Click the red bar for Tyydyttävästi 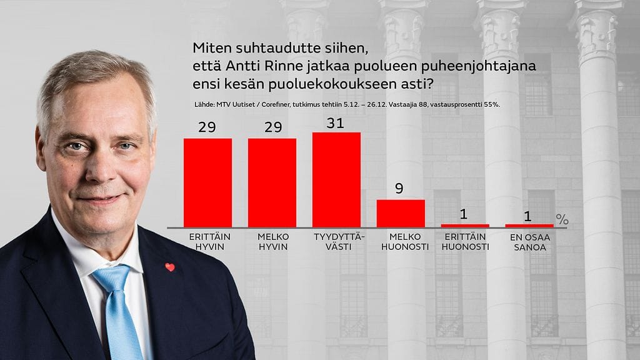pyautogui.click(x=336, y=179)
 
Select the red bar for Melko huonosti pyautogui.click(x=401, y=213)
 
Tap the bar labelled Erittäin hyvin pyautogui.click(x=207, y=182)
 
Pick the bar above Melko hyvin pyautogui.click(x=272, y=182)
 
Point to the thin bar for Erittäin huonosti pyautogui.click(x=465, y=225)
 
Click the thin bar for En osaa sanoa pyautogui.click(x=529, y=225)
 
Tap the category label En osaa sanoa pyautogui.click(x=529, y=242)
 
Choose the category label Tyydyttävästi pyautogui.click(x=336, y=242)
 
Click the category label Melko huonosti pyautogui.click(x=401, y=242)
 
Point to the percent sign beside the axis pyautogui.click(x=562, y=219)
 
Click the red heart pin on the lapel pyautogui.click(x=169, y=267)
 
